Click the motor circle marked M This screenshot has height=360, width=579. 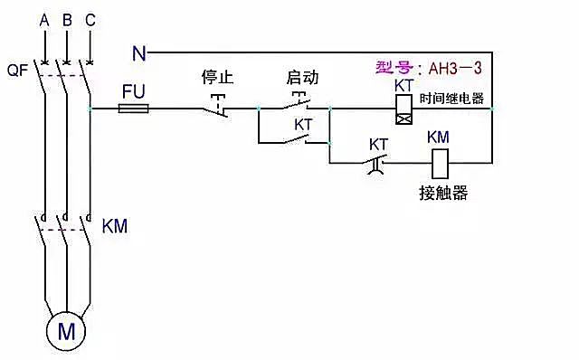pos(66,330)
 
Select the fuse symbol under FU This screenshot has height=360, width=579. pos(135,108)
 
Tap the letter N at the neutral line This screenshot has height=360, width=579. pos(138,53)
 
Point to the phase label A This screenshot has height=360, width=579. pos(43,19)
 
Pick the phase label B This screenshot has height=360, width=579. pos(66,19)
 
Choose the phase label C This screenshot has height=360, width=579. pos(89,19)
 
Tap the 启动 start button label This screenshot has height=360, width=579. pos(301,77)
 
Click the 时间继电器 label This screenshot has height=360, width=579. pos(452,99)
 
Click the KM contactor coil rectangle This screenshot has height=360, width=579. pos(441,163)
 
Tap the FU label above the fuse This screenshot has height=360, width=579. pos(134,90)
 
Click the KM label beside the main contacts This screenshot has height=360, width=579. pos(115,226)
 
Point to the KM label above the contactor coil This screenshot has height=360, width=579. pos(438,137)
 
